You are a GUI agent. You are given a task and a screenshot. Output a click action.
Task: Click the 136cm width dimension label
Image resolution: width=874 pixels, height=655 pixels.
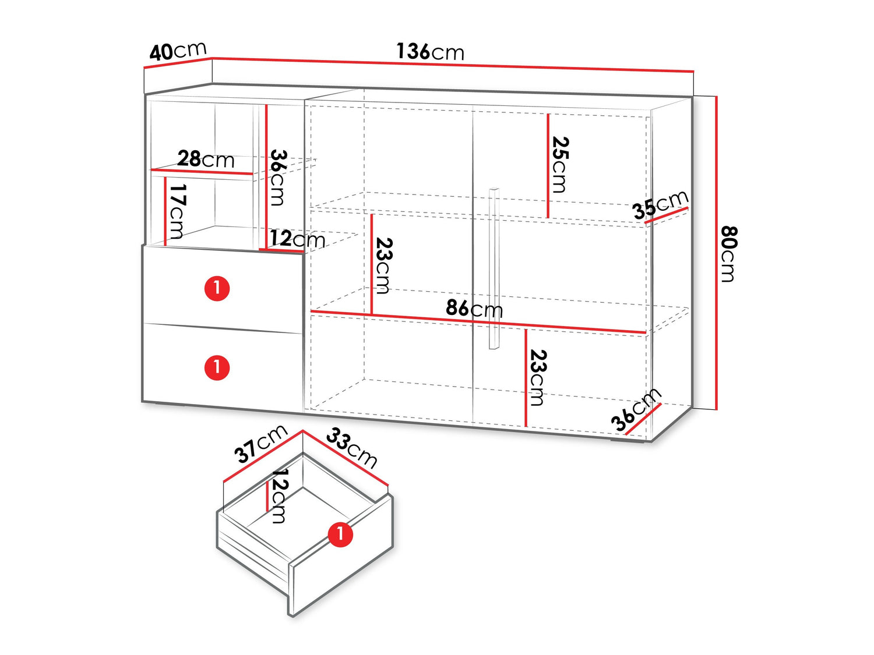click(x=430, y=52)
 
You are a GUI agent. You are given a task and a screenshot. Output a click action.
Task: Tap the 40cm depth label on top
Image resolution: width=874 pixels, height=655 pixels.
click(x=178, y=51)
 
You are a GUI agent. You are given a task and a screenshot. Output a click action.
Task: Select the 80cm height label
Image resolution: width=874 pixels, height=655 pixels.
click(x=728, y=254)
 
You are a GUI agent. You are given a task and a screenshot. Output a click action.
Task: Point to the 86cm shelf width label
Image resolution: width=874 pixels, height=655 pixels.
click(x=474, y=309)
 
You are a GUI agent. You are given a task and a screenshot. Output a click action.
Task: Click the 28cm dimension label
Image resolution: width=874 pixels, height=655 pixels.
click(x=206, y=159)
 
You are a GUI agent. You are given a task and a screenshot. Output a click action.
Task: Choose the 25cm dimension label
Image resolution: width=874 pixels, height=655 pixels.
click(x=560, y=165)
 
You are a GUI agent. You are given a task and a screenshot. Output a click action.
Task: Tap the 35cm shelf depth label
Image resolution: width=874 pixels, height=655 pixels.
click(x=661, y=204)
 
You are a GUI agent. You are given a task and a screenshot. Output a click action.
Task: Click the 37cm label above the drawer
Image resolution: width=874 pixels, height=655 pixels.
click(x=261, y=444)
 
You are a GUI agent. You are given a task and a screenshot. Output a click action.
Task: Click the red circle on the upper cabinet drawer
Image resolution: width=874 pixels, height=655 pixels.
click(x=217, y=288)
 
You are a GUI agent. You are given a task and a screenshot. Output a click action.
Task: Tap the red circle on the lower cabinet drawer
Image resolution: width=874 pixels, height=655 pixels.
click(x=217, y=367)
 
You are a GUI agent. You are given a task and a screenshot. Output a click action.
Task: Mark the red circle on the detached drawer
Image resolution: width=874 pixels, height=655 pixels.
click(x=340, y=534)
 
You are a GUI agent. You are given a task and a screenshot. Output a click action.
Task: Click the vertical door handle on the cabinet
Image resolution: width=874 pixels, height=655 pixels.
click(x=494, y=268)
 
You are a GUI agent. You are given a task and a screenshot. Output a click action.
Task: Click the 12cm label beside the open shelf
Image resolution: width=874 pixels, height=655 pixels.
click(x=297, y=239)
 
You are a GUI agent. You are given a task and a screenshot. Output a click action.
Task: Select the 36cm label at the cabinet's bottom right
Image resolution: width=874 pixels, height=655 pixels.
click(x=636, y=410)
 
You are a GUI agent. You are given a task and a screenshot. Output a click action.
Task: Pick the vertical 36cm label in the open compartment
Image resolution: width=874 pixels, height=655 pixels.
click(x=278, y=178)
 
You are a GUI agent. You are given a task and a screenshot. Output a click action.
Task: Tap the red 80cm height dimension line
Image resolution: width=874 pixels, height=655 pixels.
click(x=716, y=253)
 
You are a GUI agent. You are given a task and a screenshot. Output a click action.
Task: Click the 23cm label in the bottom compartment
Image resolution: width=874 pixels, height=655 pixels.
click(x=538, y=378)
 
